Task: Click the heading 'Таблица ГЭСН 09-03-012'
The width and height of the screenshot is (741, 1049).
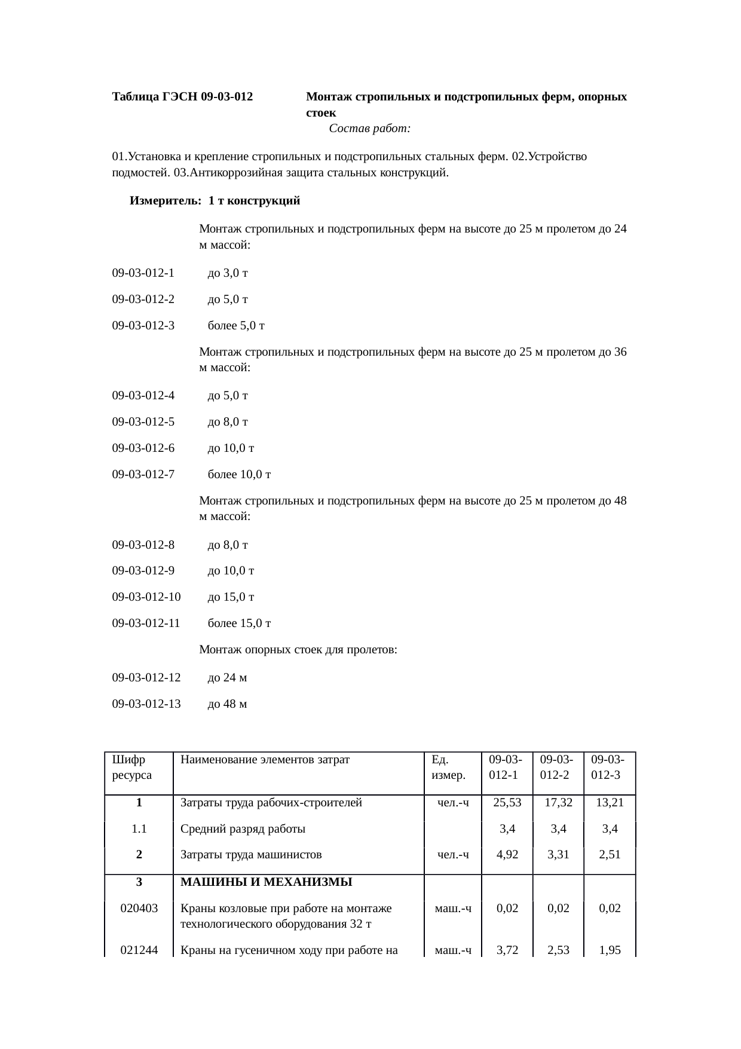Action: [x=182, y=97]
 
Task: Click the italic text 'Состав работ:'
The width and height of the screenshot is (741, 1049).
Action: [x=369, y=129]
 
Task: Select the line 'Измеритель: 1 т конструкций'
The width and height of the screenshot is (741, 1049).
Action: [x=215, y=201]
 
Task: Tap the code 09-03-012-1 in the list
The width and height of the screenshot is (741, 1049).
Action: [x=143, y=273]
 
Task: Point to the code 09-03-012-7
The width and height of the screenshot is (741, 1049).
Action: [x=143, y=475]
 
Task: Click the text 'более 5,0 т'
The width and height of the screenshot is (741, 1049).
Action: [x=236, y=326]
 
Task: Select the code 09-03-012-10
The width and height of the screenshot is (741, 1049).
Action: [x=146, y=597]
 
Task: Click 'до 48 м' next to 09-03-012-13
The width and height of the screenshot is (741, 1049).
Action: [x=227, y=704]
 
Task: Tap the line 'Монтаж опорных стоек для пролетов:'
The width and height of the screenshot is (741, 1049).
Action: [x=298, y=649]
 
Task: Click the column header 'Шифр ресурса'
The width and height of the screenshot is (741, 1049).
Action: [x=131, y=767]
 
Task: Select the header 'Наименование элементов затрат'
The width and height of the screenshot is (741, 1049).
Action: [x=265, y=760]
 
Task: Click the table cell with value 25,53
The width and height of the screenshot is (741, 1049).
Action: [x=507, y=803]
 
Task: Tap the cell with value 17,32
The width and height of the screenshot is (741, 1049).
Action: [x=559, y=803]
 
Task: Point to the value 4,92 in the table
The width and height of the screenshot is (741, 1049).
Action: [x=507, y=855]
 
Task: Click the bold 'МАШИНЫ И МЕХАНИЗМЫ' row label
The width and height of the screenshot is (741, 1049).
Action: [x=266, y=882]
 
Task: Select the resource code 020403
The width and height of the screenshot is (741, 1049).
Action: [x=139, y=909]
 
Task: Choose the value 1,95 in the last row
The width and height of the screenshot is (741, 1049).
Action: [x=610, y=949]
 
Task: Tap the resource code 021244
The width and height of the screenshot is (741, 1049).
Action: [x=139, y=949]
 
